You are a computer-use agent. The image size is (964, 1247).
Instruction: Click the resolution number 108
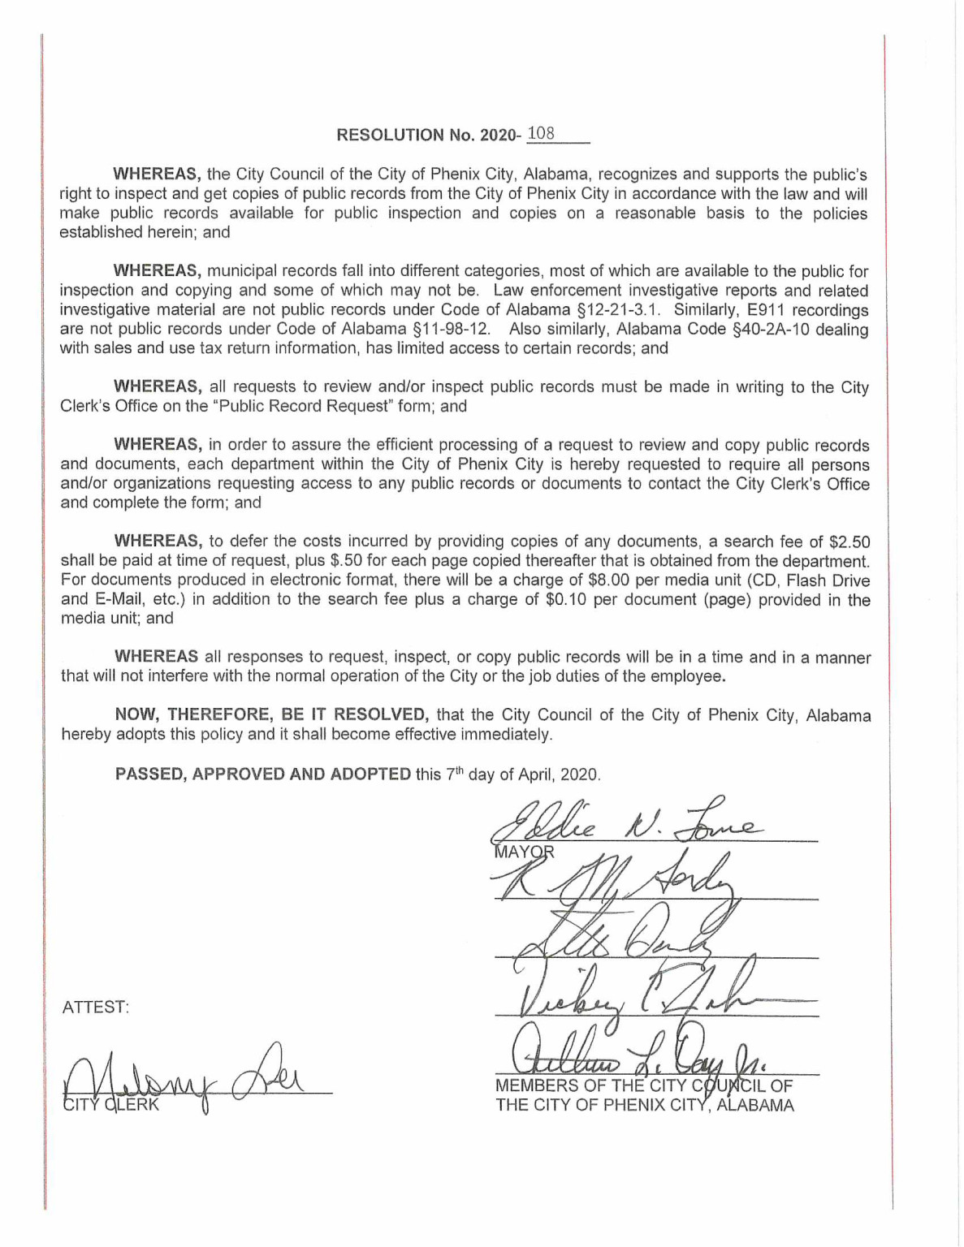541,134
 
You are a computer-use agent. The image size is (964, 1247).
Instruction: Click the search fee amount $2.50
849,542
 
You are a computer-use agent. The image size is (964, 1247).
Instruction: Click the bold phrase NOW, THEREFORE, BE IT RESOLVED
271,715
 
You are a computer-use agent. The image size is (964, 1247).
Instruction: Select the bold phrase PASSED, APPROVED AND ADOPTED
263,774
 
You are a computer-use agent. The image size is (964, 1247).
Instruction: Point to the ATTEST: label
96,1008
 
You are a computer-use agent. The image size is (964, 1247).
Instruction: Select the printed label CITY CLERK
112,1105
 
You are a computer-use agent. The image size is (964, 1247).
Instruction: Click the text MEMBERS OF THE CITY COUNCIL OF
644,1086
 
